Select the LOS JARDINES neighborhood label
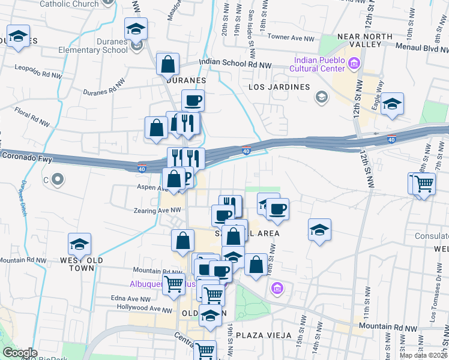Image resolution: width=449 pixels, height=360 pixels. (x=278, y=88)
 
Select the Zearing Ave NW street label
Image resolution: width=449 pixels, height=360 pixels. (x=158, y=210)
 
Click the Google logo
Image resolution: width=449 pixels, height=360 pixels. (x=20, y=353)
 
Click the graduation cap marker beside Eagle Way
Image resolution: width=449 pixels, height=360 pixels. (x=392, y=103)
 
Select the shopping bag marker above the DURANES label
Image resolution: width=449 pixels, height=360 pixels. (x=168, y=64)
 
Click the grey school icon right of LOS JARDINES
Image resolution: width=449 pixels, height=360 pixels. (x=322, y=97)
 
